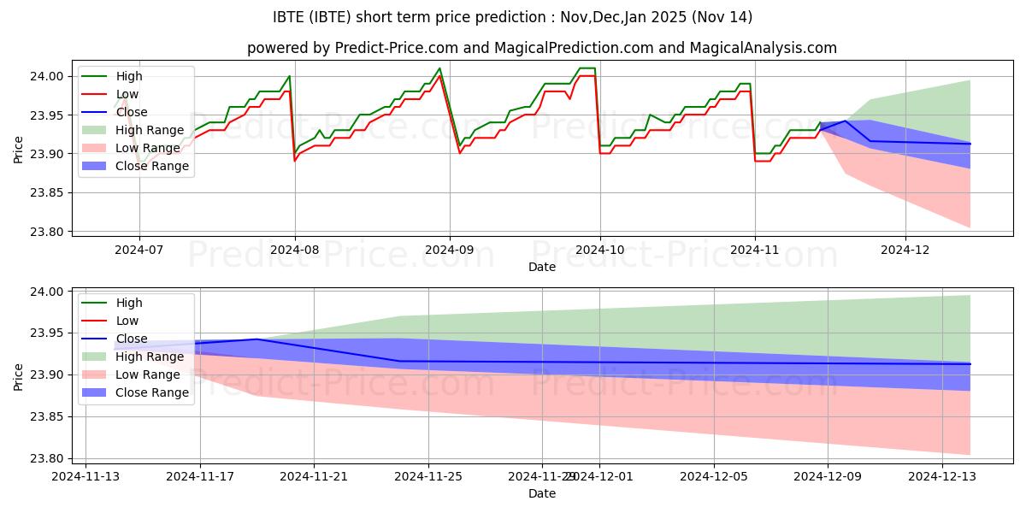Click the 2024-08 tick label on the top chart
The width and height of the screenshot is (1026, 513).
295,251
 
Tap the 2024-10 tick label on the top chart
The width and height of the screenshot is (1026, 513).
599,251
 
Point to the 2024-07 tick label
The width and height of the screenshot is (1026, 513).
139,251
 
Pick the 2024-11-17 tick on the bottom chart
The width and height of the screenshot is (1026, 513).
200,477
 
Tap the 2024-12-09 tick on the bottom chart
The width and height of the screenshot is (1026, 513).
828,477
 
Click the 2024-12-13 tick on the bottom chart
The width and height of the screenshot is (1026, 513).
942,477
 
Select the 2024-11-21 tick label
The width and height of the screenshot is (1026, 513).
314,477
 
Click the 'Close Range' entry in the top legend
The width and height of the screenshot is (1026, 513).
152,166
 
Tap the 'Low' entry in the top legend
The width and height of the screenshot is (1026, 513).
127,94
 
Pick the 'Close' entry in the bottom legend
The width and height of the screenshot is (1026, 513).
132,339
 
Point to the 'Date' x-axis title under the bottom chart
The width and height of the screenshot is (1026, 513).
542,493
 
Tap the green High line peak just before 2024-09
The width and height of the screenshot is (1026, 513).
439,68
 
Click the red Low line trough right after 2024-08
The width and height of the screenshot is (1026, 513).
295,161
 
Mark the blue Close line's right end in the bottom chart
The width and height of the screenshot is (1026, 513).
970,364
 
